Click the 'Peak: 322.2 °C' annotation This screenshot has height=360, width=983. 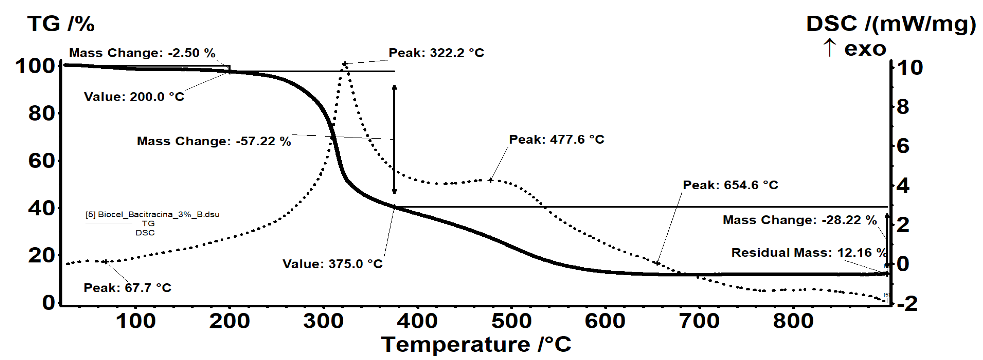coord(436,53)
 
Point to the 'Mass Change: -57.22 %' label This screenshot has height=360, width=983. coord(214,141)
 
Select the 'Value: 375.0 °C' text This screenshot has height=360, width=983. coord(332,264)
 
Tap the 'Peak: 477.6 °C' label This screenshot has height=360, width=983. coord(556,139)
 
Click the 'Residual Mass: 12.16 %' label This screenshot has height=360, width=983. coord(808,253)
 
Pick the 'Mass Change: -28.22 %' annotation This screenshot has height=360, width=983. coord(800,220)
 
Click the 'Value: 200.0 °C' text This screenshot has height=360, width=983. coord(134,97)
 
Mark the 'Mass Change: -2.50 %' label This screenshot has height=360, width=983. coord(142,53)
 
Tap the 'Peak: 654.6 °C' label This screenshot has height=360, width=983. coord(730,185)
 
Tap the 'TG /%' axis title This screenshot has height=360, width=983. coord(61,24)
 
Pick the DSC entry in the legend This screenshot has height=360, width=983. coord(145,233)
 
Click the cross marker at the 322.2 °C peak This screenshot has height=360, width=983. coord(345,64)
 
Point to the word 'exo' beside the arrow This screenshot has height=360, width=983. coord(865,49)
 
